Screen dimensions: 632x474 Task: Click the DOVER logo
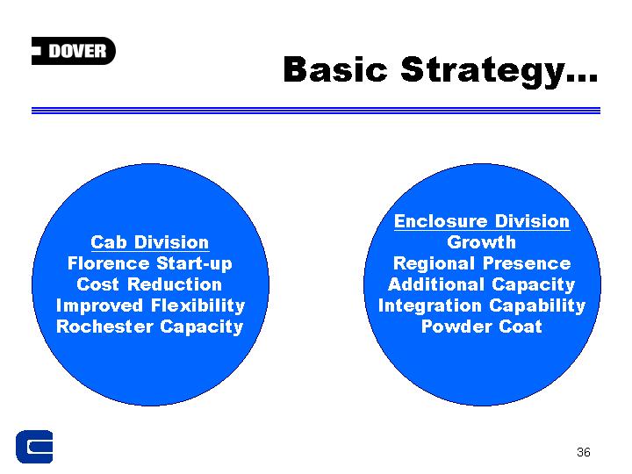74,51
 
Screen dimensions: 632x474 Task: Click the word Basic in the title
335,69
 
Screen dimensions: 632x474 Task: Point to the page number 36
583,452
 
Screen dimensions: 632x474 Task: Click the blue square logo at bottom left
34,447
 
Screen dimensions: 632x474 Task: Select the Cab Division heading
150,242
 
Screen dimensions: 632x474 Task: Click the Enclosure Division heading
482,221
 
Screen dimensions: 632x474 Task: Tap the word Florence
109,263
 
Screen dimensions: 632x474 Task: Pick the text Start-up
194,264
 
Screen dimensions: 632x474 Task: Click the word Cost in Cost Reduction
98,284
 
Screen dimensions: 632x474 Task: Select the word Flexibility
197,306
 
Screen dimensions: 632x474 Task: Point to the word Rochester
104,327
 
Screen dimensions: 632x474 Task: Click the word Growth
482,242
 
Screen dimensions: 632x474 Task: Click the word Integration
430,306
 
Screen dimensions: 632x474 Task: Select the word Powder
457,327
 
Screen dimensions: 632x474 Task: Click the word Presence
527,263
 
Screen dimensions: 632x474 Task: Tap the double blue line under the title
316,111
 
